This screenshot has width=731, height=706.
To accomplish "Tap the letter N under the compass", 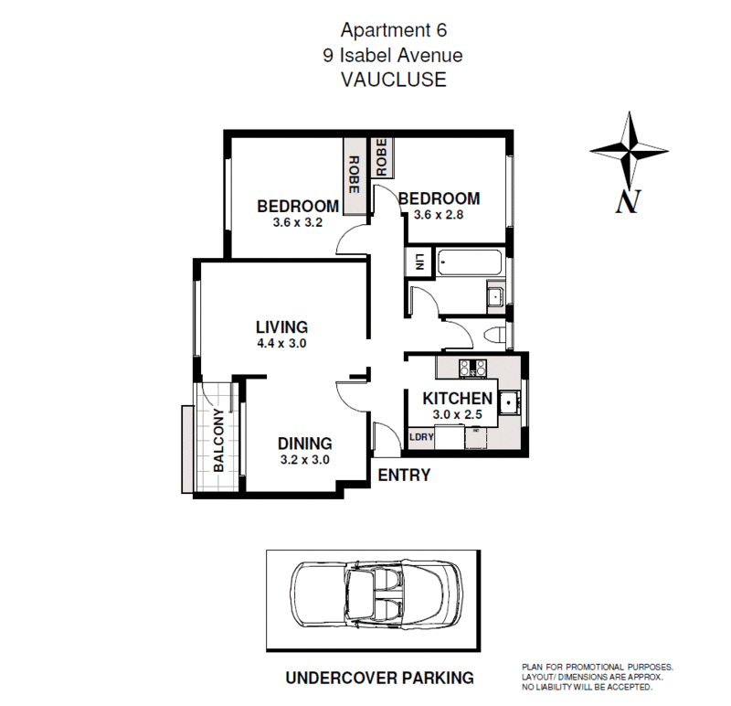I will tap(626, 201).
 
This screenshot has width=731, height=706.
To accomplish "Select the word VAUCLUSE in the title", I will tap(393, 80).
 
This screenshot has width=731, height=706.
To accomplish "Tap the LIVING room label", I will tap(281, 326).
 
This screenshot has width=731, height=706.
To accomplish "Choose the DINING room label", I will tap(304, 444).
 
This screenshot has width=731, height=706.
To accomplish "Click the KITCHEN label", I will tap(457, 399).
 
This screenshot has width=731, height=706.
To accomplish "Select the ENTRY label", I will tap(403, 476).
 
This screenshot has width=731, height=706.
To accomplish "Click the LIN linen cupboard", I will tap(419, 261).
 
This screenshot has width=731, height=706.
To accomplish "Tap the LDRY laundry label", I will tap(421, 438).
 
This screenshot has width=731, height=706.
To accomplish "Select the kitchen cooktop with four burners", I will tap(474, 368).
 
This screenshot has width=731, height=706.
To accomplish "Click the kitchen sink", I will tap(509, 401).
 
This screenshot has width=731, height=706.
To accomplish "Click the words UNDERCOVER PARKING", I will tap(379, 678).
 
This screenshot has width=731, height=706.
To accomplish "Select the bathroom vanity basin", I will tap(493, 295).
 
